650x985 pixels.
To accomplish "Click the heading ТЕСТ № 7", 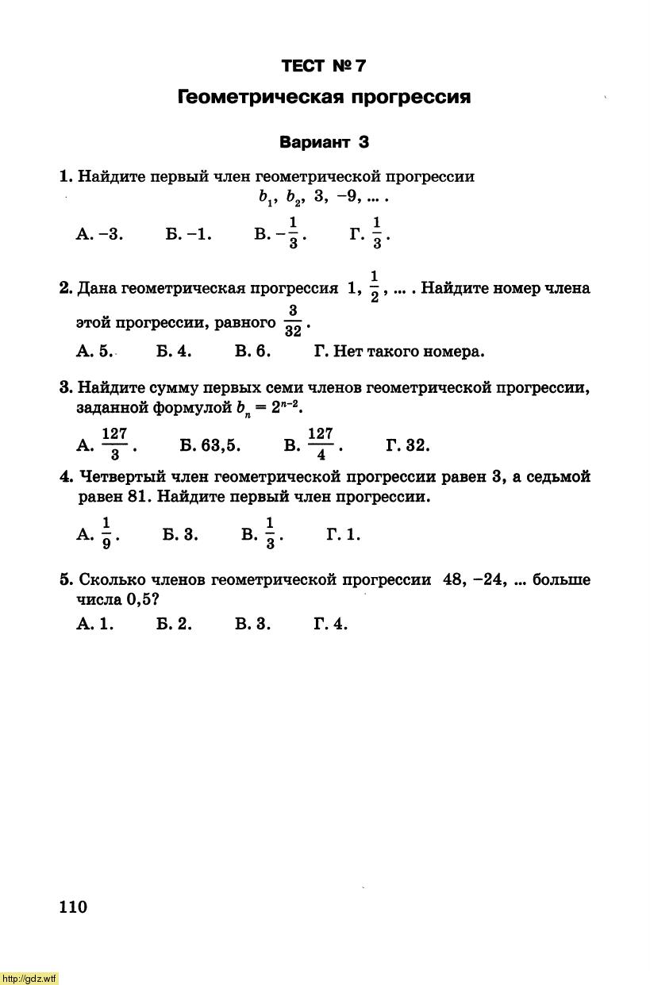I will click(x=324, y=66).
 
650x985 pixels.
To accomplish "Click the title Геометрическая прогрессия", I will click(x=324, y=98).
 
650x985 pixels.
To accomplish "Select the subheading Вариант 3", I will click(x=324, y=143).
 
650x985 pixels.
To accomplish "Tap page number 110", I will click(x=73, y=907).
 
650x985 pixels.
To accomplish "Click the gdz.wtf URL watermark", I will click(x=29, y=978).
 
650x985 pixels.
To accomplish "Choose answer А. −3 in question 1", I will click(x=100, y=234).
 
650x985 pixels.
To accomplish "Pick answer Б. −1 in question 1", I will click(x=189, y=234).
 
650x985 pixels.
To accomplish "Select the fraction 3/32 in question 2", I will click(x=293, y=321).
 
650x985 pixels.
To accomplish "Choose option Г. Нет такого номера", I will click(x=399, y=351).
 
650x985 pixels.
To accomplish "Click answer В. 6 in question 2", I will click(x=253, y=351).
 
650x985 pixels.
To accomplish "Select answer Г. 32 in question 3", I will click(x=408, y=445).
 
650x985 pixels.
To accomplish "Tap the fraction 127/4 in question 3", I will click(x=320, y=444).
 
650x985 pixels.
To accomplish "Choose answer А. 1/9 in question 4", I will click(x=98, y=533).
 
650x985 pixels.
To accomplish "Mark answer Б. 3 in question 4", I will click(x=180, y=535).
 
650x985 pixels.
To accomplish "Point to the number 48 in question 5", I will click(x=453, y=579).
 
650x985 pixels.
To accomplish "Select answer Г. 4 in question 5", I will click(x=330, y=624).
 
